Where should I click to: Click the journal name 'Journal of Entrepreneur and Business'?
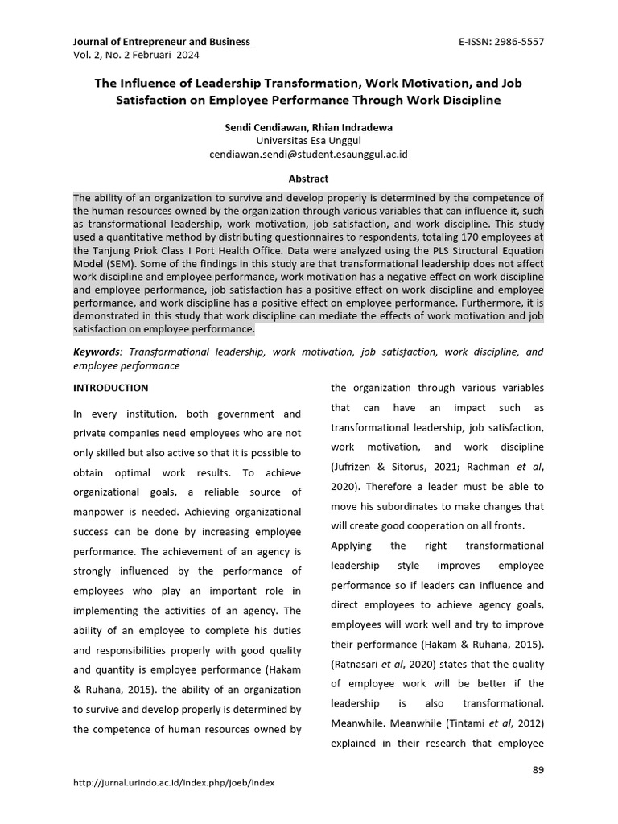point(162,42)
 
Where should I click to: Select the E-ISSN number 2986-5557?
point(516,42)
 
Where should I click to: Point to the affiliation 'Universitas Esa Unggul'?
point(309,140)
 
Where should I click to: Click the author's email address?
point(309,153)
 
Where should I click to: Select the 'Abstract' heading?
point(309,179)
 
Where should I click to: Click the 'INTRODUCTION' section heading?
point(110,388)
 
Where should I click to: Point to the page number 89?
point(538,771)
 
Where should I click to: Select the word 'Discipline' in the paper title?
point(468,101)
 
